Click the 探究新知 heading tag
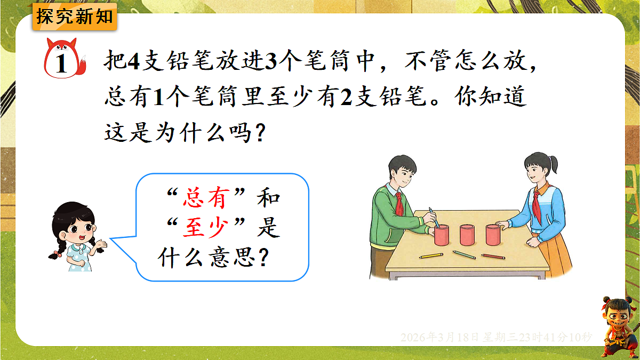(75, 16)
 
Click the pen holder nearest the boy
(442, 235)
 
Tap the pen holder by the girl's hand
(493, 234)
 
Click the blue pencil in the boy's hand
(433, 216)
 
